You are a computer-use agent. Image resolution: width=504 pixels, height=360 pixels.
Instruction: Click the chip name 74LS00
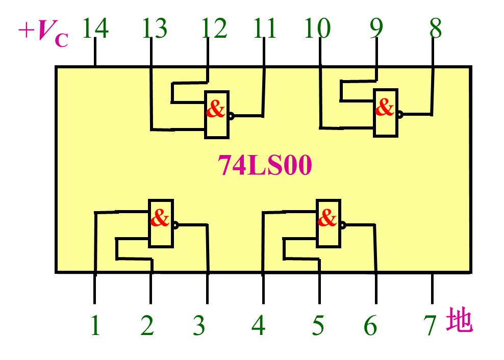[265, 165]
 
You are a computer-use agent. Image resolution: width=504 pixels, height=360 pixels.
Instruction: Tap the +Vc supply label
[43, 33]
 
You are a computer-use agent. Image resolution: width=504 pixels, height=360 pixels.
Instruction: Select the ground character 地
[459, 320]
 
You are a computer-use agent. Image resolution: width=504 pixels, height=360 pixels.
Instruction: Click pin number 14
[95, 28]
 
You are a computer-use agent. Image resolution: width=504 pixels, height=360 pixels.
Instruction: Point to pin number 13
[155, 28]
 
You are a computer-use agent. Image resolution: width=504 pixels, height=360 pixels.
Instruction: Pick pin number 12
[214, 28]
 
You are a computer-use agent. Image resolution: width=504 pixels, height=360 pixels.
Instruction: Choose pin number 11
[265, 28]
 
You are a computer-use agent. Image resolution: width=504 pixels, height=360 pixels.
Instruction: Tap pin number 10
[318, 28]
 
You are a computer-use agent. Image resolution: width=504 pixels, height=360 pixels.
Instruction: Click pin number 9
[376, 28]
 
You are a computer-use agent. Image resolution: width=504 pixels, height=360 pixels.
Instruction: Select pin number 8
[436, 28]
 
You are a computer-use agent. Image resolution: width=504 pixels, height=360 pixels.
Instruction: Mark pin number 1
[95, 325]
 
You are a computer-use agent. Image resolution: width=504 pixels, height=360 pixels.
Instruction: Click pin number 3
[199, 325]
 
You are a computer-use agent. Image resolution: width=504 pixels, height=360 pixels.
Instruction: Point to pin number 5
[318, 325]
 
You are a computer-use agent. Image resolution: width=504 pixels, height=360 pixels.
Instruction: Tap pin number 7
[430, 325]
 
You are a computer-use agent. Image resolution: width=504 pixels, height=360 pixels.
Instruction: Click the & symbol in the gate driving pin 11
[215, 109]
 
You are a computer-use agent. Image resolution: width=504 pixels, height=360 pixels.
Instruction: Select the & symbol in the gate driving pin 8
[385, 107]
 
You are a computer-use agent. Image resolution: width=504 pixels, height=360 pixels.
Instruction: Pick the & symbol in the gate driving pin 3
[160, 217]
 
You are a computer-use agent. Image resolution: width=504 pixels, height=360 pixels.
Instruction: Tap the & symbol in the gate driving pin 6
[327, 217]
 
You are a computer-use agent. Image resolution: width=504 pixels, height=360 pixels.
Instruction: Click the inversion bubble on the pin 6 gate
[343, 225]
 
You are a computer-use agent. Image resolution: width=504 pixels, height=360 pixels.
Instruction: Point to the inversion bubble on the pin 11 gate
[231, 116]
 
